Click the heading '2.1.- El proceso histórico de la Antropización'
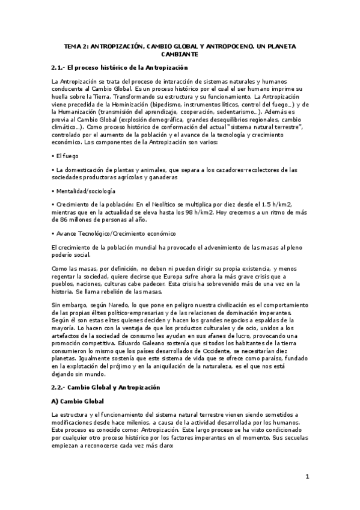point(120,68)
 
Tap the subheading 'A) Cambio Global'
point(78,401)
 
